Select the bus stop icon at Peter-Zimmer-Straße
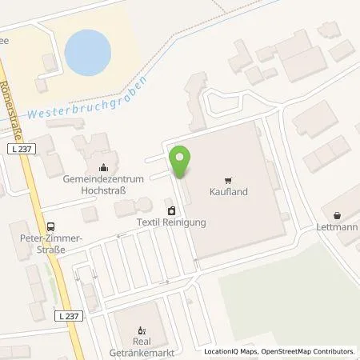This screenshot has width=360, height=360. click(x=52, y=226)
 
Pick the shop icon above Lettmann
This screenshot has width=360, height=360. click(x=337, y=215)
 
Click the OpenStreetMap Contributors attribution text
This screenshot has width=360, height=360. click(x=317, y=351)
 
